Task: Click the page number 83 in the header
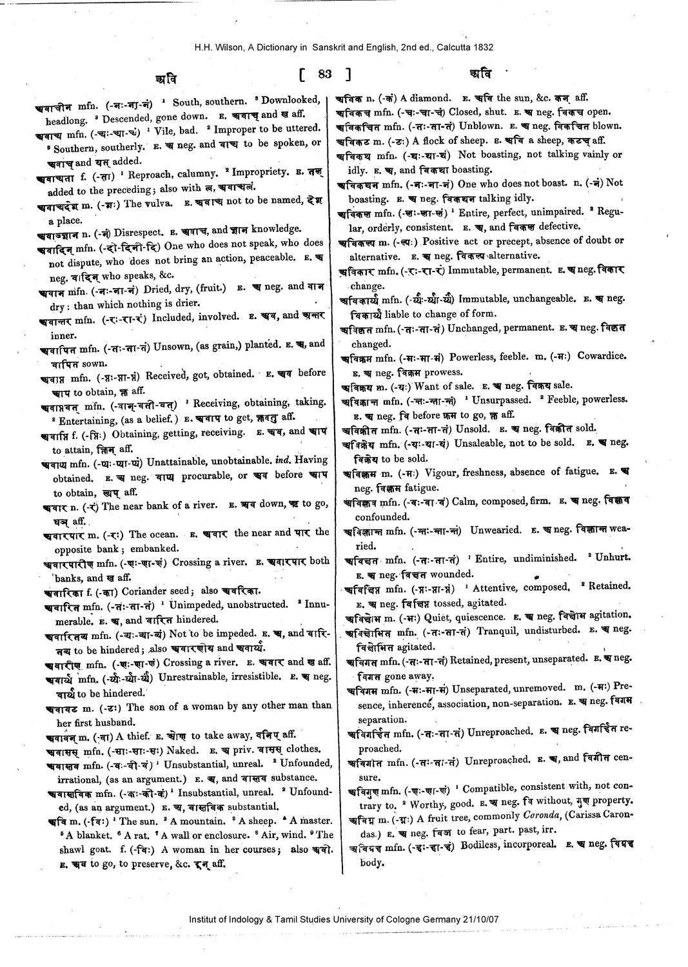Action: coord(324,75)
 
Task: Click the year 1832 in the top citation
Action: coord(482,47)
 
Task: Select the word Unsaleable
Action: coord(482,444)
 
